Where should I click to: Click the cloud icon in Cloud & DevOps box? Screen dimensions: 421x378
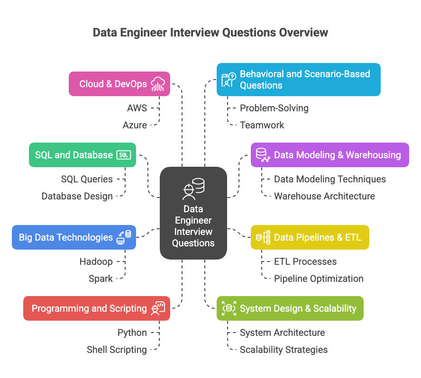(x=158, y=84)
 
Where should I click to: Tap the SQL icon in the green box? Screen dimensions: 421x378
(x=124, y=155)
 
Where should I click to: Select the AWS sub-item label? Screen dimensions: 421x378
(x=137, y=108)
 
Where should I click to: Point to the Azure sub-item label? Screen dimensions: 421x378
(x=135, y=125)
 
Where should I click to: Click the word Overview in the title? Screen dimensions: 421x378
(x=303, y=33)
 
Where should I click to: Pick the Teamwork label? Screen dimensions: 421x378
(x=262, y=125)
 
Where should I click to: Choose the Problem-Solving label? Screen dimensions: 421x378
(x=274, y=108)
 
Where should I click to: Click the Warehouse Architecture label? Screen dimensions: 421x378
(x=324, y=196)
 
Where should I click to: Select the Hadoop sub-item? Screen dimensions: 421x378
(x=96, y=261)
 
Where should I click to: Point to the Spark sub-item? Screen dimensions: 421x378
(x=101, y=279)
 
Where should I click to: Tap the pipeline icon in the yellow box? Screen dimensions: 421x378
(x=263, y=237)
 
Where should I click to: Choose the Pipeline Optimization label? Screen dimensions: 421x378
(x=319, y=279)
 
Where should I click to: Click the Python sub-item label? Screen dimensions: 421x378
(x=132, y=333)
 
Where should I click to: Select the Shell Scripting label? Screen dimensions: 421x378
(x=117, y=350)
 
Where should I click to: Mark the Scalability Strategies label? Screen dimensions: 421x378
(x=284, y=350)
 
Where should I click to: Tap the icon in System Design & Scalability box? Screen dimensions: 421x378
(x=229, y=308)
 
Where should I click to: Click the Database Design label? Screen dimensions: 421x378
(x=77, y=196)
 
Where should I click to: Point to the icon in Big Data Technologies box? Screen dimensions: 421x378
(x=124, y=237)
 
